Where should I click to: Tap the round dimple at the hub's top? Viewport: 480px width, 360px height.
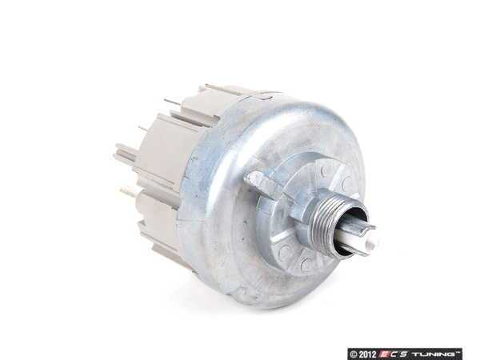tap(322, 170)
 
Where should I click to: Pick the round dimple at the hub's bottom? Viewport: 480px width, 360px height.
tap(306, 264)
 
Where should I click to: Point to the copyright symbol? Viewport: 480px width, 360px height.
tap(354, 352)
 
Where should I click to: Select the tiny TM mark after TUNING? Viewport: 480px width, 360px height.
tap(459, 350)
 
